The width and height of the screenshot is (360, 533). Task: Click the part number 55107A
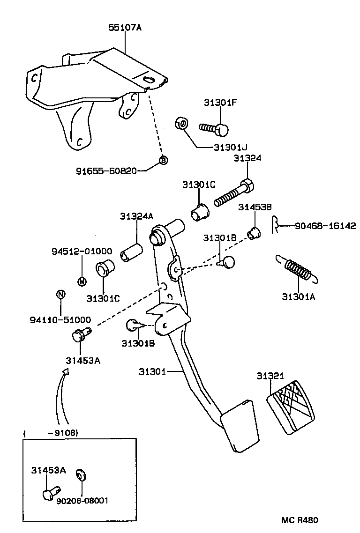tap(125, 28)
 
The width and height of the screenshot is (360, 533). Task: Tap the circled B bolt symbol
tap(163, 160)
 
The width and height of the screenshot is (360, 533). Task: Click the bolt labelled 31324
tap(233, 193)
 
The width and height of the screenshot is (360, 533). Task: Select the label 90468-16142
tap(325, 226)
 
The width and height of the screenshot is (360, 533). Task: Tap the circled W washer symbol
tap(82, 281)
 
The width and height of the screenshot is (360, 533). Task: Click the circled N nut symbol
tap(60, 294)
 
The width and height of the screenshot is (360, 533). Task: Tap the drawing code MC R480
tap(300, 520)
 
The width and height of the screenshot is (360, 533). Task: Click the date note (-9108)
tap(63, 432)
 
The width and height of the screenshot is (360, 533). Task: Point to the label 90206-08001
tap(82, 501)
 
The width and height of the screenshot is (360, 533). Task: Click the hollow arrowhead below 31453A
tap(65, 371)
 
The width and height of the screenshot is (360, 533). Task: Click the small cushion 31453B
tap(254, 232)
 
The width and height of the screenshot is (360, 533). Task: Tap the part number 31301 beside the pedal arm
tap(152, 371)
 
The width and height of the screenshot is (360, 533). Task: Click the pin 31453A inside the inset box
tap(49, 494)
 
